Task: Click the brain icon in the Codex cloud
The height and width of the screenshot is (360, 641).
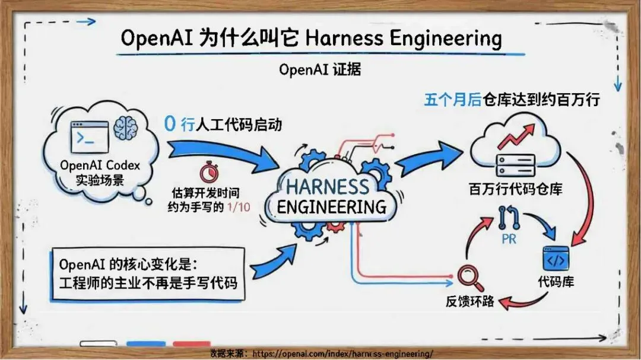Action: [125, 130]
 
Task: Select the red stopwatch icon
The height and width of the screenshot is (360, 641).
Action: [208, 172]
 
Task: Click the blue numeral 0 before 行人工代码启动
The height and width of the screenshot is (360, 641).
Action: [170, 125]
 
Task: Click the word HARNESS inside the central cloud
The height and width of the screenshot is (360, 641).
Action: [327, 187]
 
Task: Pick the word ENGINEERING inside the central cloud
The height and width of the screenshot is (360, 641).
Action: [331, 207]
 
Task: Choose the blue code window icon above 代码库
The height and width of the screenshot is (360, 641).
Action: [556, 259]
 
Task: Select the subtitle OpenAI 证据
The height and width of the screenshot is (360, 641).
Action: [320, 69]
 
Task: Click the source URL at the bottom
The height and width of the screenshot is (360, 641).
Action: [342, 353]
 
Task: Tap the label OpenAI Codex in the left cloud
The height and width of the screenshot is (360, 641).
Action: [100, 165]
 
